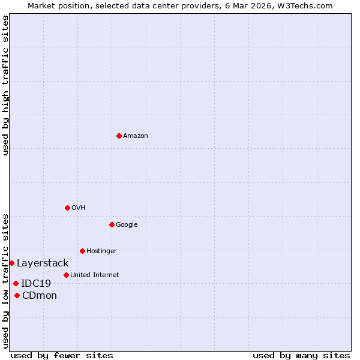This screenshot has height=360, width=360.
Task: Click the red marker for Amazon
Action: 119,136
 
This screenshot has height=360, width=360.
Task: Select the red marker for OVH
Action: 67,208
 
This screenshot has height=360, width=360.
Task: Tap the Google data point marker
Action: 112,224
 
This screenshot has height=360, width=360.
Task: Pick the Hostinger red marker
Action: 82,251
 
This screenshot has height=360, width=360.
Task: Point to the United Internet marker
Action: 66,275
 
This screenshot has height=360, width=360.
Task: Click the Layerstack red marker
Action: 11,263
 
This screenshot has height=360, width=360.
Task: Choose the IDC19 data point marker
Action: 16,283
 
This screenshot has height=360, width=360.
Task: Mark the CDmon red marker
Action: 17,295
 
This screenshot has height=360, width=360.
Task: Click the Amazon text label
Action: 136,136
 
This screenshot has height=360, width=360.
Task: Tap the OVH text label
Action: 79,208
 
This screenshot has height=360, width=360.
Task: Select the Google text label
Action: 127,225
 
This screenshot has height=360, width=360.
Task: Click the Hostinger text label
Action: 101,251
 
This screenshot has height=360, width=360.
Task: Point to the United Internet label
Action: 95,275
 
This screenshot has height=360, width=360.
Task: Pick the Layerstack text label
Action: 43,263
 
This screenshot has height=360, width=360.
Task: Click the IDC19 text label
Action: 36,284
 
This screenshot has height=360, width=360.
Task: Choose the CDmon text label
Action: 40,296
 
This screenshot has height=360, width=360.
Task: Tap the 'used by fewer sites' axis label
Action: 62,355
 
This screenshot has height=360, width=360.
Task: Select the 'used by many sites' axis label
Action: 301,355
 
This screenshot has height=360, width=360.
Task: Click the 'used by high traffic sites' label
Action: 6,86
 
